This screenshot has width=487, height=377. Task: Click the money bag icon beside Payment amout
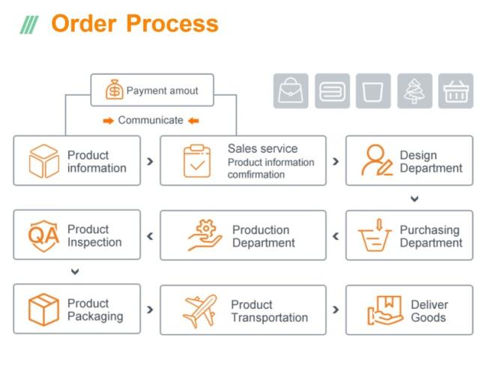(x=115, y=89)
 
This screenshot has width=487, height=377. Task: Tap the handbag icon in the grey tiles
(x=291, y=91)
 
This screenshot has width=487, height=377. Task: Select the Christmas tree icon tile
(x=414, y=91)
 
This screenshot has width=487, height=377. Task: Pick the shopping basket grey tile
(x=456, y=91)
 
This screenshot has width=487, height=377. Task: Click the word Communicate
(x=151, y=120)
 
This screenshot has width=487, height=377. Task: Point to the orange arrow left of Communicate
(x=109, y=121)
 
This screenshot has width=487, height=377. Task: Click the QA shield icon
(x=43, y=235)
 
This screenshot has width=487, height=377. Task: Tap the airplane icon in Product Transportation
(x=199, y=310)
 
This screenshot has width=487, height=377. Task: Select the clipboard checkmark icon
(x=197, y=160)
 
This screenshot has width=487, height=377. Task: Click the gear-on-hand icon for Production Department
(x=205, y=235)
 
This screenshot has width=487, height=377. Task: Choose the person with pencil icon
(x=377, y=160)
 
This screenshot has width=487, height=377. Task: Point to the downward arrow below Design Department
(x=414, y=199)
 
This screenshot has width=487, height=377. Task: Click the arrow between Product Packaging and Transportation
(x=150, y=310)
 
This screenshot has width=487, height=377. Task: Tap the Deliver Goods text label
(x=429, y=311)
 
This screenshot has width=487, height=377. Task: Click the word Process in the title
(x=172, y=24)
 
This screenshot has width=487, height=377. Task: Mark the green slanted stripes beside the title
(x=29, y=25)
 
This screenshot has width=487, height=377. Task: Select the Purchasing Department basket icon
(x=375, y=235)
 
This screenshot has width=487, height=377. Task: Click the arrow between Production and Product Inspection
(x=150, y=236)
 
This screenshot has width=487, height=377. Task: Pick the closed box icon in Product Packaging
(x=43, y=310)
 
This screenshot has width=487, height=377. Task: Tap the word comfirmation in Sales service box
(x=256, y=175)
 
